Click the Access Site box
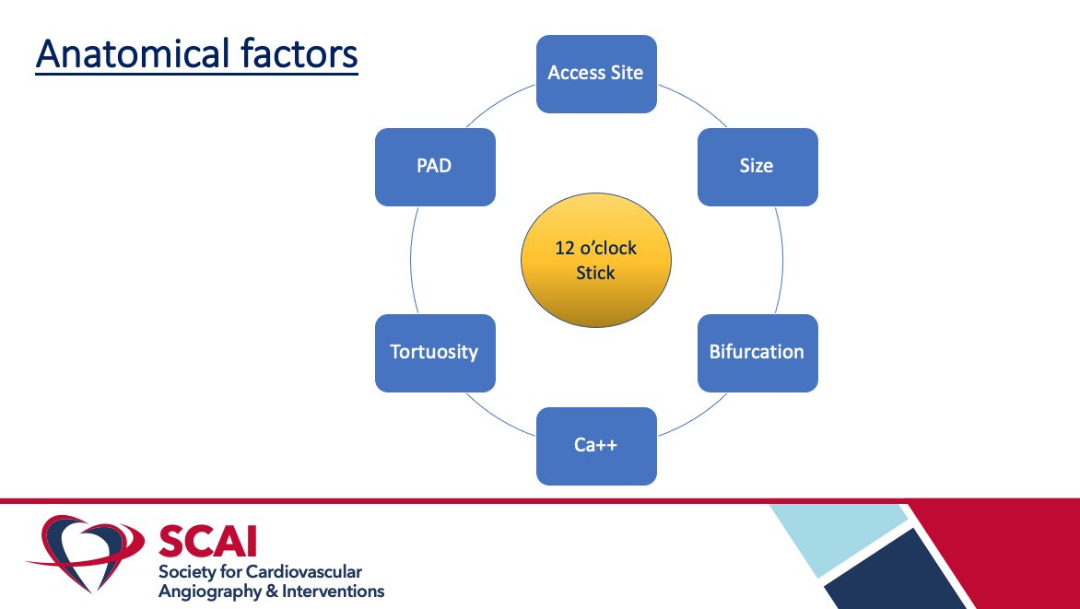pyautogui.click(x=596, y=74)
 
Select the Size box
pyautogui.click(x=757, y=167)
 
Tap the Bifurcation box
pyautogui.click(x=757, y=353)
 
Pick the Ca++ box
pyautogui.click(x=596, y=446)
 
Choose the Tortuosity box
pyautogui.click(x=434, y=353)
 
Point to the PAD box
pyautogui.click(x=434, y=167)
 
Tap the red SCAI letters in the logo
pyautogui.click(x=210, y=540)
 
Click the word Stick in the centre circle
pyautogui.click(x=595, y=274)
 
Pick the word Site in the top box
pyautogui.click(x=626, y=73)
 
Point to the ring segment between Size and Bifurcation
pyautogui.click(x=781, y=261)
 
